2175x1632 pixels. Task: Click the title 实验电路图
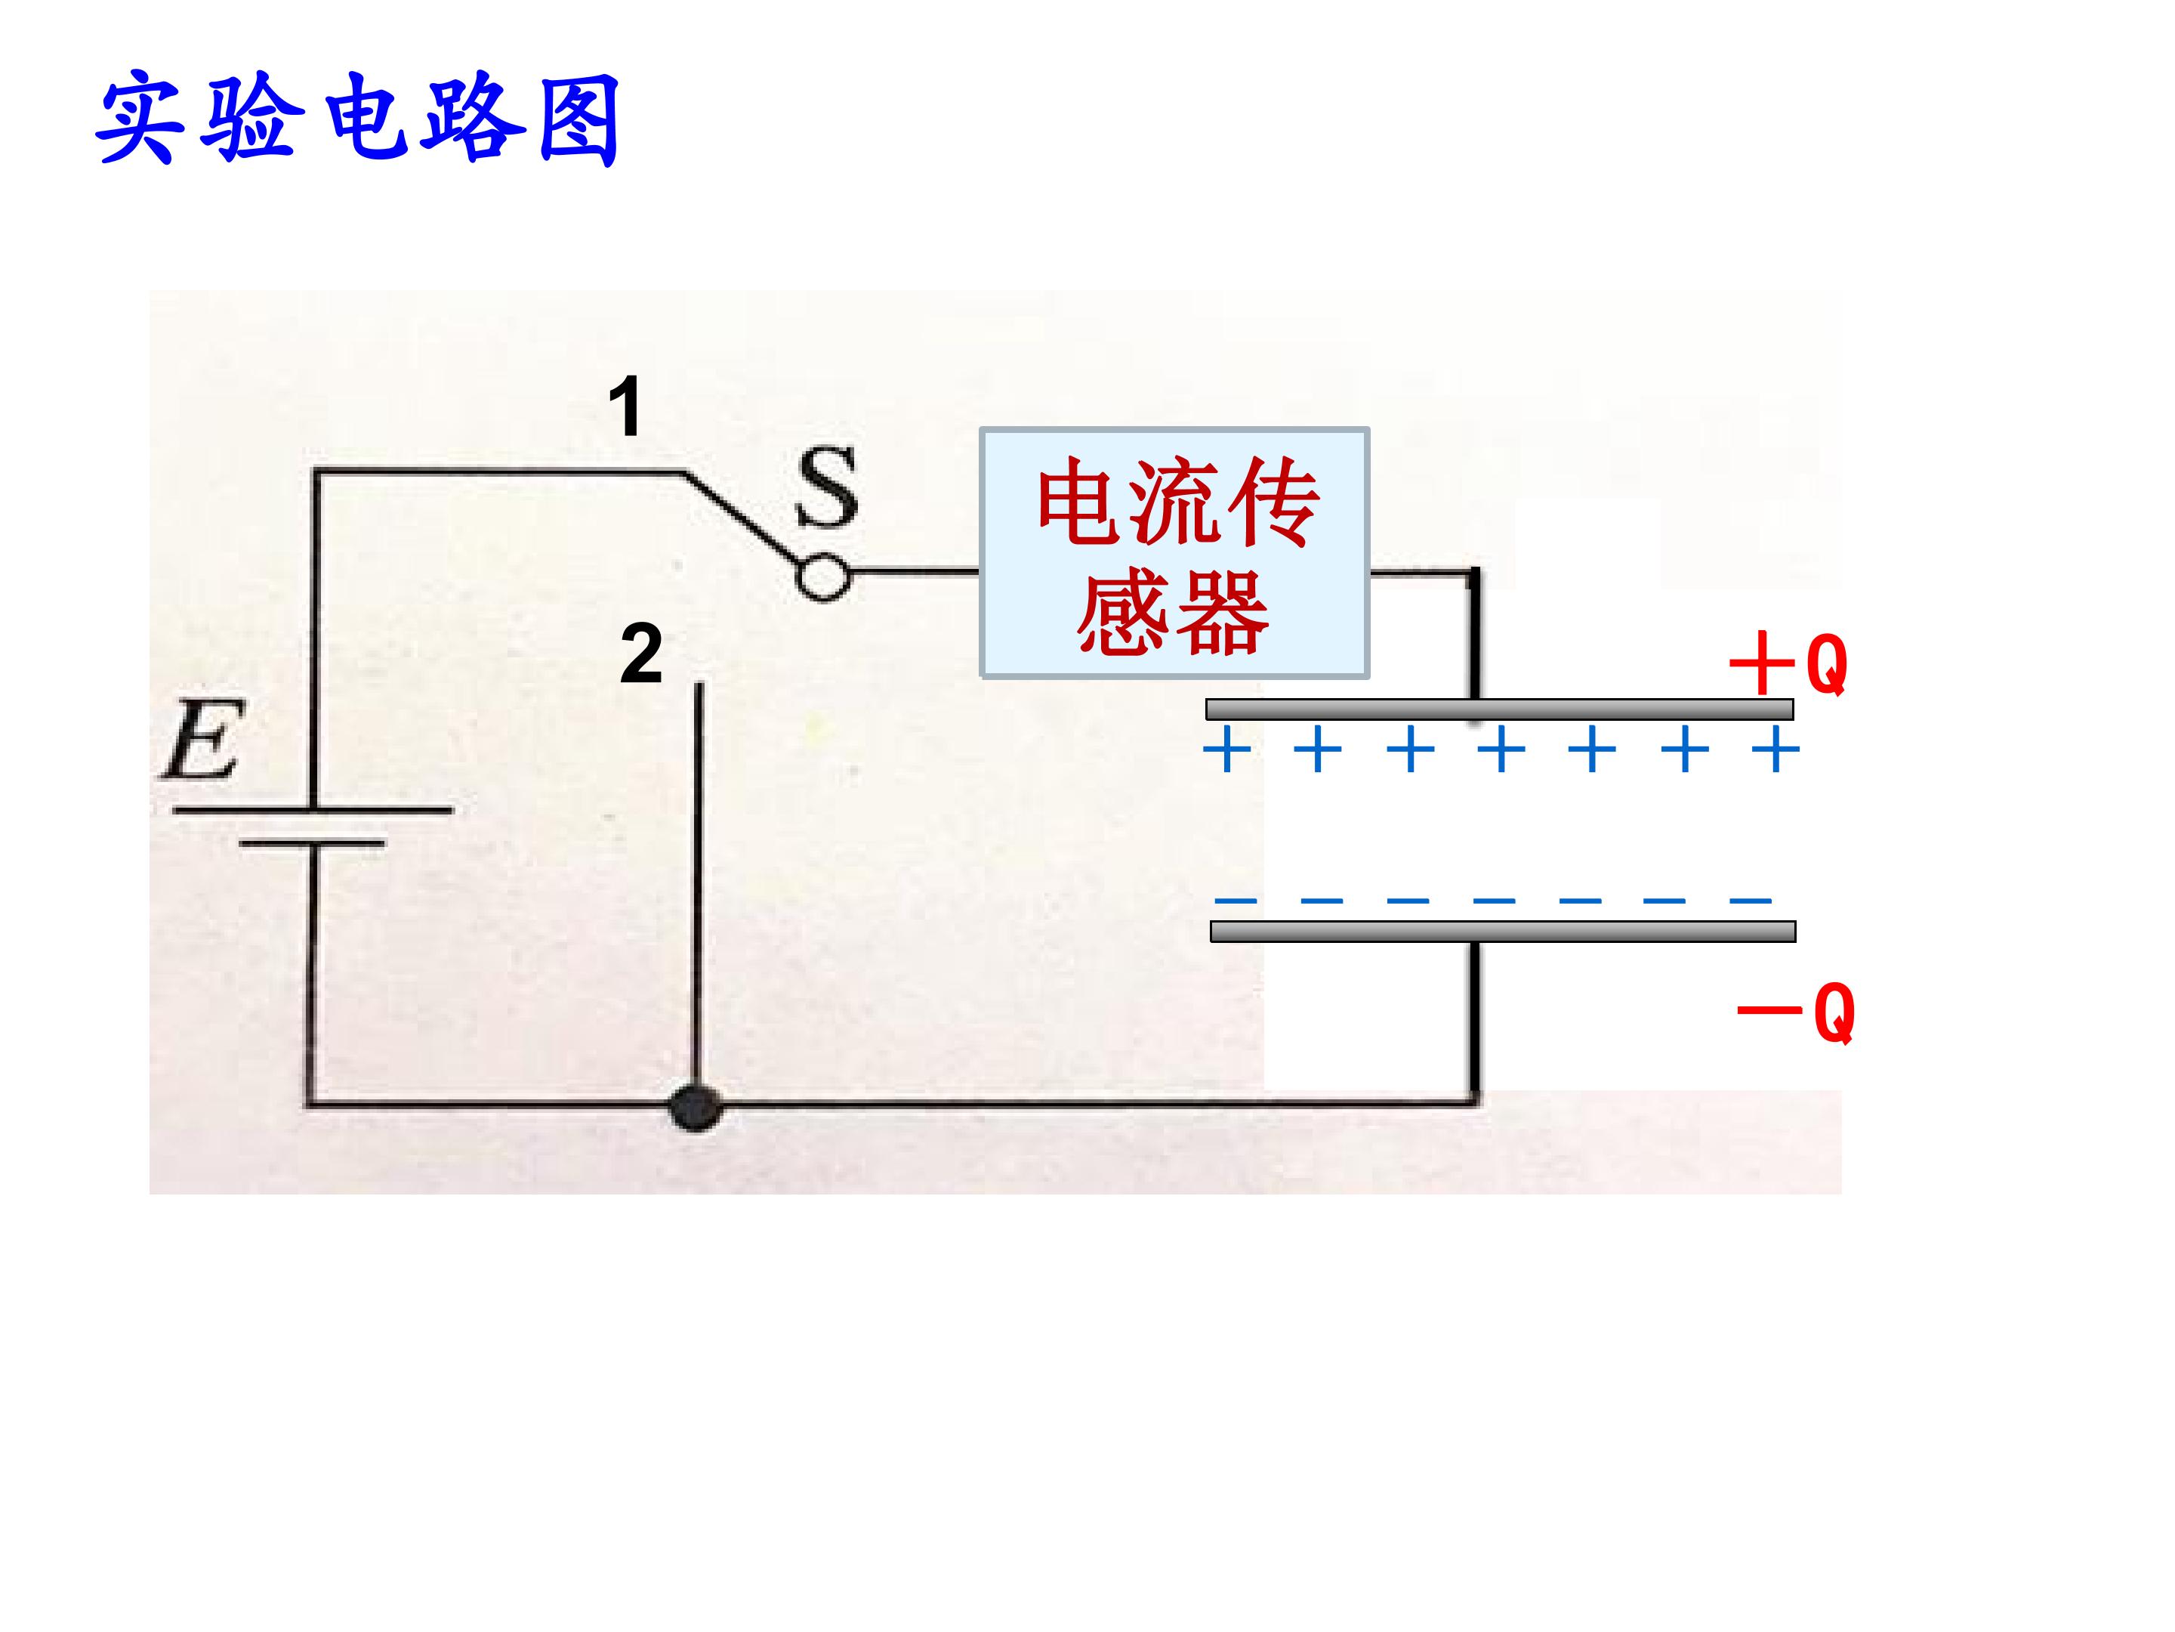coord(358,119)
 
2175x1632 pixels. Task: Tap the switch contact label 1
coord(625,406)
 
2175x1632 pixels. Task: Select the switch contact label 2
coord(641,654)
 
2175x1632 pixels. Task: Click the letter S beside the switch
coord(827,487)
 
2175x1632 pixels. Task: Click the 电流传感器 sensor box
coord(1174,553)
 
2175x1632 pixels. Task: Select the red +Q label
coord(1788,665)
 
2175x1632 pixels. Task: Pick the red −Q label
coord(1795,1011)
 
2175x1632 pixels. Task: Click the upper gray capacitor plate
coord(1500,709)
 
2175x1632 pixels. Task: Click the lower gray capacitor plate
coord(1502,931)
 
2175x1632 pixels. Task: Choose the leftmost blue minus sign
coord(1235,899)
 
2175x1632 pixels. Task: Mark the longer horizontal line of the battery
coord(313,811)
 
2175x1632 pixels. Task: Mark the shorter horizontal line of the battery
coord(313,843)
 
